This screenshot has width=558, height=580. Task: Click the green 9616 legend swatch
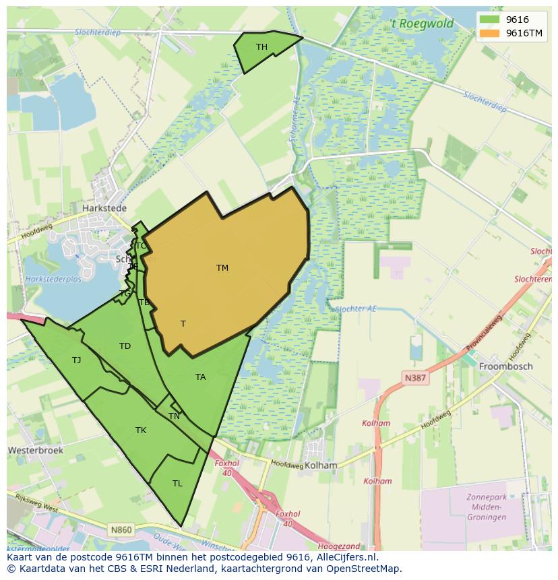(489, 20)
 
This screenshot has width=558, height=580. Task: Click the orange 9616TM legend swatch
(489, 33)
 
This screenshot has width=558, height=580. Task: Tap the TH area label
(261, 47)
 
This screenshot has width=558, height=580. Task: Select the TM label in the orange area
(222, 268)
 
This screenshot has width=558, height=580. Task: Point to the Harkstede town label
(104, 209)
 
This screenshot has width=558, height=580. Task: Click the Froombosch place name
(505, 366)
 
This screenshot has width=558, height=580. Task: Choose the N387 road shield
(415, 378)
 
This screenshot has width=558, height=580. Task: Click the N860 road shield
(121, 530)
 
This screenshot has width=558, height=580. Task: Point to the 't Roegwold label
(423, 24)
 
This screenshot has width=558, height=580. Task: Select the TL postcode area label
(177, 484)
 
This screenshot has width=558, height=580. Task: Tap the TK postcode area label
(141, 430)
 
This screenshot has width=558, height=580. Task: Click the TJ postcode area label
(77, 360)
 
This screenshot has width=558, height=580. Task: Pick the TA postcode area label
(201, 377)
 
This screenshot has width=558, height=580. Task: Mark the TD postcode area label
(125, 346)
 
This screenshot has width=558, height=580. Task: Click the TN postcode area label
(174, 416)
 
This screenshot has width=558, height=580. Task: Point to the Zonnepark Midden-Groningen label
(486, 507)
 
